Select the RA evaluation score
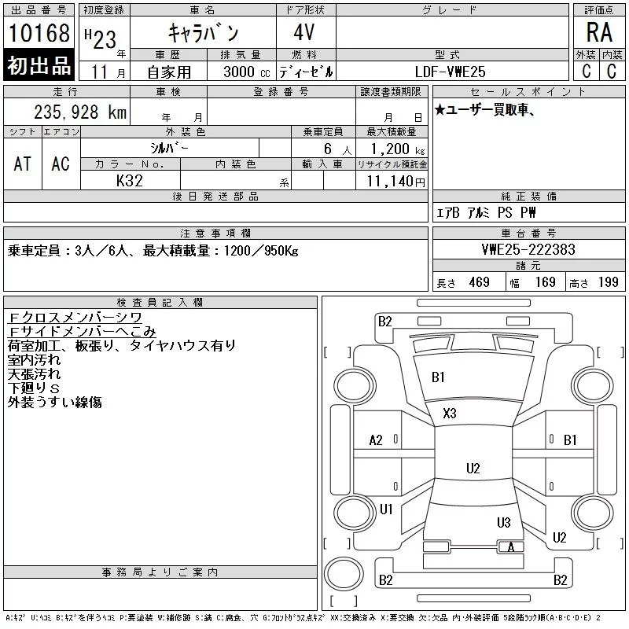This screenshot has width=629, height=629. [x=599, y=33]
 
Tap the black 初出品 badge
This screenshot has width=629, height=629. [x=39, y=67]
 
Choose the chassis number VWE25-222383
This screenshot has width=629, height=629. [x=528, y=250]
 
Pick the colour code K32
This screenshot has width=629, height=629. [x=131, y=181]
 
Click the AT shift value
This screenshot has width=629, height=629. [x=23, y=164]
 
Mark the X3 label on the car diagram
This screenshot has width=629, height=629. [x=450, y=413]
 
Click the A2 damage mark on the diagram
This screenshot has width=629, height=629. [x=376, y=440]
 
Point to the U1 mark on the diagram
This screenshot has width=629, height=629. [x=386, y=509]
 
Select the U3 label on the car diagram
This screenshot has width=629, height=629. [x=503, y=522]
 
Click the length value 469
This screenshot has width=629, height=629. [x=480, y=282]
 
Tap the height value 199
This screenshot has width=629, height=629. [x=609, y=282]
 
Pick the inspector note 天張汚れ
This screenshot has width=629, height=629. [x=33, y=374]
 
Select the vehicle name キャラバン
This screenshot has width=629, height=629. [x=204, y=33]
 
